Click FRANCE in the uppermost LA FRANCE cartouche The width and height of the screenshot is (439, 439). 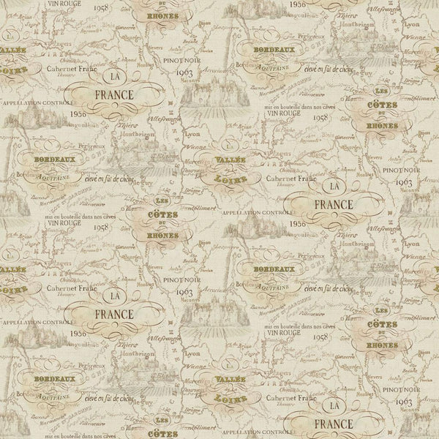[114, 95]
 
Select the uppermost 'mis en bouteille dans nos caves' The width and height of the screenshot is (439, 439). [297, 108]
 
